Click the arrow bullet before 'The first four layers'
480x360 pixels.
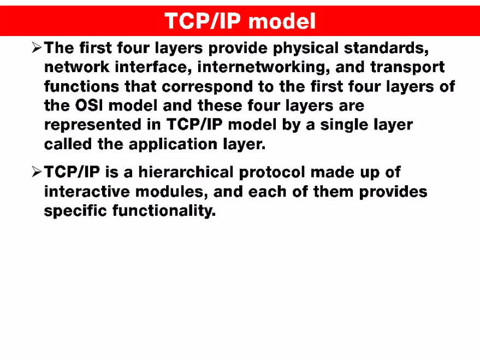click(36, 49)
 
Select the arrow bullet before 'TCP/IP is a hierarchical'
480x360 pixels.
click(36, 173)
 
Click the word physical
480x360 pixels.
click(305, 49)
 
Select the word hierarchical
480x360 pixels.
click(186, 173)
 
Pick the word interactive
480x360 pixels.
click(88, 192)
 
